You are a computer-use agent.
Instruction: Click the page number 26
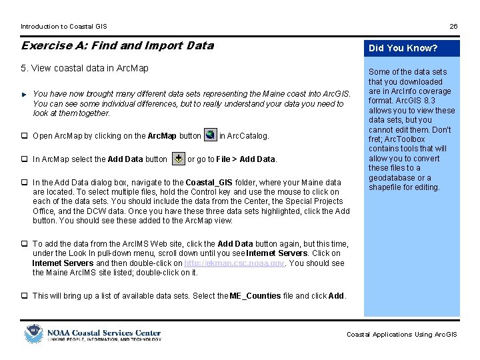(453, 27)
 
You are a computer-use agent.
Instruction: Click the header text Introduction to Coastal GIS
(63, 27)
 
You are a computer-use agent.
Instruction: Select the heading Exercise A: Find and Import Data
(117, 45)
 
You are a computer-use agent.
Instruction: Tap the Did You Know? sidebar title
(403, 48)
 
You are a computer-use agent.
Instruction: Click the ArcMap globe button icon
(210, 135)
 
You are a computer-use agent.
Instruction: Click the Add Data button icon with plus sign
(179, 159)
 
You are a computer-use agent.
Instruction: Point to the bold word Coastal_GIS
(209, 182)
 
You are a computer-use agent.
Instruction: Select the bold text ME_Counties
(255, 295)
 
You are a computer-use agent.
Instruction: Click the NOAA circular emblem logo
(33, 333)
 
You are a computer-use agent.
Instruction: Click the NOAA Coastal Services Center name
(103, 331)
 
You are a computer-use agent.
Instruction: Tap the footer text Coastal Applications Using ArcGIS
(401, 335)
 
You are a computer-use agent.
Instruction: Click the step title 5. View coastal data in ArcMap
(85, 68)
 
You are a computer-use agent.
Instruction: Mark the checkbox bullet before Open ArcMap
(24, 136)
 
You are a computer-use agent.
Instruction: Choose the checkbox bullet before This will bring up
(24, 295)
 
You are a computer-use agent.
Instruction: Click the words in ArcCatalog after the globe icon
(244, 135)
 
